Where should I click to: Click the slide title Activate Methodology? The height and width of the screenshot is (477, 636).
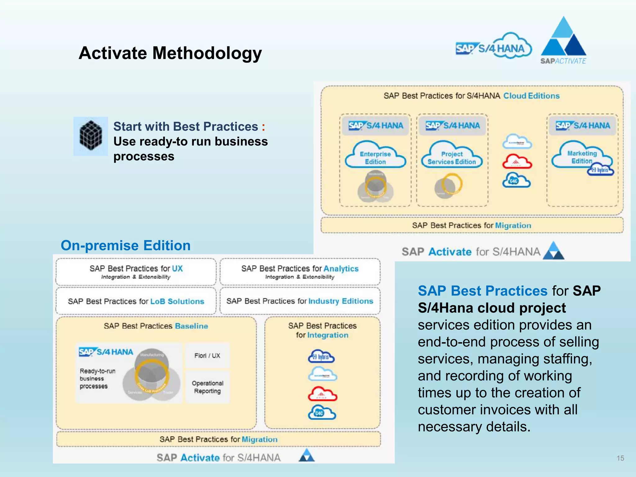click(170, 53)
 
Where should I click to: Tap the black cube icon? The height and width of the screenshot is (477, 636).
click(91, 136)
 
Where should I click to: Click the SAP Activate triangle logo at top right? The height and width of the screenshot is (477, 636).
click(563, 40)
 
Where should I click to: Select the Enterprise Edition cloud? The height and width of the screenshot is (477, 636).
click(375, 155)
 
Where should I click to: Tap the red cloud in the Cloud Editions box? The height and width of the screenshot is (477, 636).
click(517, 161)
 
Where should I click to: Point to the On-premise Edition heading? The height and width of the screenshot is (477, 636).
click(125, 245)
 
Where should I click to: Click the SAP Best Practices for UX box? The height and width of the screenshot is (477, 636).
click(136, 272)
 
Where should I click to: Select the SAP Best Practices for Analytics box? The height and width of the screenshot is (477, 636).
click(300, 272)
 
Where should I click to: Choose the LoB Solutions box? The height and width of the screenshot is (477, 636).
click(136, 301)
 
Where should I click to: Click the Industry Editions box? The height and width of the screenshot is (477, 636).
click(300, 301)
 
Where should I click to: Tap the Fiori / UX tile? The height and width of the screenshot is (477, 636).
click(207, 356)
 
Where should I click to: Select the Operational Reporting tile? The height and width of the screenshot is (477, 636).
click(207, 387)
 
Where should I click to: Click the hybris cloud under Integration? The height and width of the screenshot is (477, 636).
click(321, 357)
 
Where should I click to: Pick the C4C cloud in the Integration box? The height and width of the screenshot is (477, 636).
click(322, 413)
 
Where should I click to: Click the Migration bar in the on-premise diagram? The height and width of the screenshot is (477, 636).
click(218, 439)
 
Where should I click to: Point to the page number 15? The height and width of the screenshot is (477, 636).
click(620, 458)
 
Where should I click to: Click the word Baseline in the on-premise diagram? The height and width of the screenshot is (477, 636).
click(191, 326)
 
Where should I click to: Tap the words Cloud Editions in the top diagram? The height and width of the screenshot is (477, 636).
click(531, 96)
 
